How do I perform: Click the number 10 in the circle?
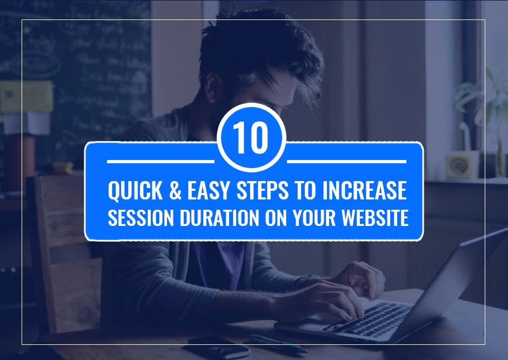click(x=251, y=138)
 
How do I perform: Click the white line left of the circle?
click(x=161, y=161)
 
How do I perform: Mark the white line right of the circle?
click(x=346, y=161)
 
